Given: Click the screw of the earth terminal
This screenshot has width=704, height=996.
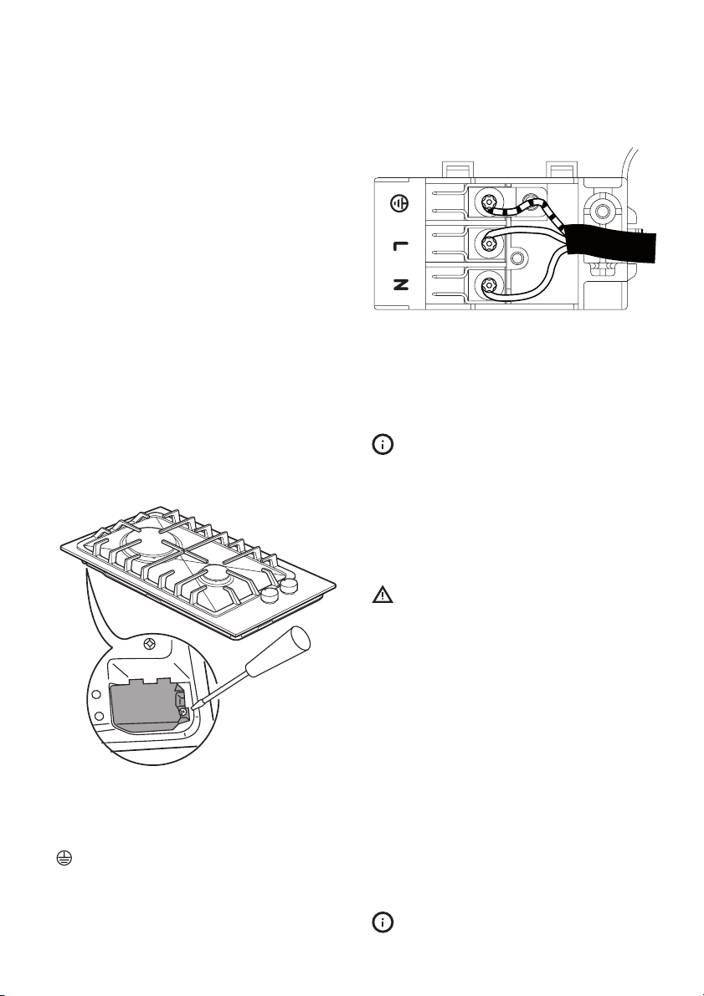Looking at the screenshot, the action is click(x=488, y=203).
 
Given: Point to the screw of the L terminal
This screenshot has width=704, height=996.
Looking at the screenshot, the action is click(x=488, y=243).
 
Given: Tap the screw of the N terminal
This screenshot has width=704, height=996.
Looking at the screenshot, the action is click(x=488, y=284).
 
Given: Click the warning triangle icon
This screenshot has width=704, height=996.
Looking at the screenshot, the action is click(x=383, y=595).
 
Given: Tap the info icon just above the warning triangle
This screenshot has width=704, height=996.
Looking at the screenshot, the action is click(x=383, y=445).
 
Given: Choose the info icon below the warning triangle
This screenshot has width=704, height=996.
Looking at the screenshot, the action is click(x=383, y=922).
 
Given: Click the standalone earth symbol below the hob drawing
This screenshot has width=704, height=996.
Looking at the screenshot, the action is click(x=63, y=858).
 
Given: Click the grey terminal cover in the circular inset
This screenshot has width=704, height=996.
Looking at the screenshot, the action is click(x=145, y=704).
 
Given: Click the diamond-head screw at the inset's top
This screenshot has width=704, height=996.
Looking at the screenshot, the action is click(x=150, y=644).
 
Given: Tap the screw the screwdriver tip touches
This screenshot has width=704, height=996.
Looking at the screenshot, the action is click(x=183, y=713).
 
